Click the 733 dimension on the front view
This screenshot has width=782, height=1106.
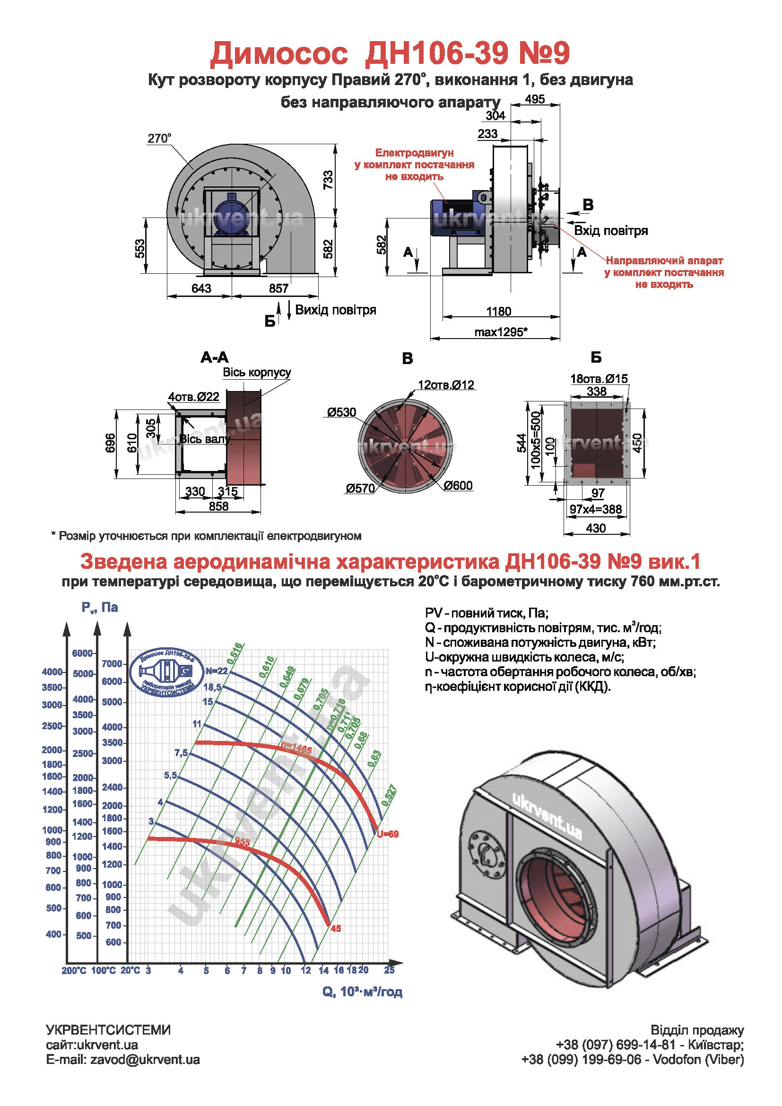[x=328, y=180]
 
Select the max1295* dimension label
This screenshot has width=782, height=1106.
[x=501, y=332]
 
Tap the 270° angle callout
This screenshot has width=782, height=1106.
[x=159, y=139]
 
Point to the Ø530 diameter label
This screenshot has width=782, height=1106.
[x=341, y=412]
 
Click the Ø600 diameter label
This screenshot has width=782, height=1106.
[x=458, y=486]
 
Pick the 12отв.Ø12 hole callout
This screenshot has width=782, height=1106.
[x=446, y=385]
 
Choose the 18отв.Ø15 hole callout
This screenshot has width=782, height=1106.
[x=599, y=379]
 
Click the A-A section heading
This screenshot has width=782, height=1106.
[x=215, y=357]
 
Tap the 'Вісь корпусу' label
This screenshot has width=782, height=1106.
[x=257, y=372]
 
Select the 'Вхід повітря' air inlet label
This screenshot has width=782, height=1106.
[x=610, y=231]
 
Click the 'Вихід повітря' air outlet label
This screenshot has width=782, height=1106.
[x=335, y=310]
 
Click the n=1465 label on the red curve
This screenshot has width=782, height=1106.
[x=296, y=749]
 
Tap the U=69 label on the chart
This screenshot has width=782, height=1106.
[x=388, y=834]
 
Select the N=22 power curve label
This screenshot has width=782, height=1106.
[x=216, y=671]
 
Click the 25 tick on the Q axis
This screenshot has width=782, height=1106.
[x=389, y=970]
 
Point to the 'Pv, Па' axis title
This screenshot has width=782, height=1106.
[x=100, y=608]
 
